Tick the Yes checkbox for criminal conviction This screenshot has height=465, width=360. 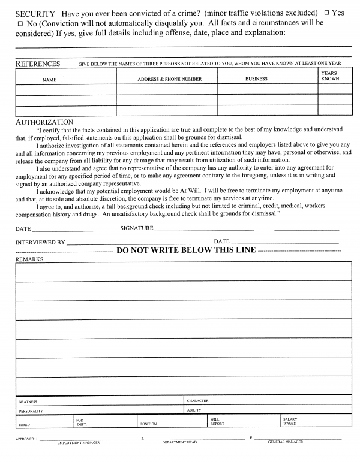pyautogui.click(x=326, y=13)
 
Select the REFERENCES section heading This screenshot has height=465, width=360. pyautogui.click(x=37, y=64)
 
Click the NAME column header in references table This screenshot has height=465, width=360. pyautogui.click(x=49, y=79)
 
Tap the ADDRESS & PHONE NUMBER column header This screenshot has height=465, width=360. pyautogui.click(x=170, y=79)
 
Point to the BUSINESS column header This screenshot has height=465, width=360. pyautogui.click(x=256, y=79)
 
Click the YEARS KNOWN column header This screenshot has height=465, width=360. pyautogui.click(x=330, y=76)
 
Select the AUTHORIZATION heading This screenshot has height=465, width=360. pyautogui.click(x=44, y=122)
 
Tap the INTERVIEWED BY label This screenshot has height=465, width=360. pyautogui.click(x=40, y=242)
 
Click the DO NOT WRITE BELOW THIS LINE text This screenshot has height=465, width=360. pyautogui.click(x=186, y=250)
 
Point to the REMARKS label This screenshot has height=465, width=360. pyautogui.click(x=29, y=259)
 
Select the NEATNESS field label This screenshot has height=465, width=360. pyautogui.click(x=28, y=401)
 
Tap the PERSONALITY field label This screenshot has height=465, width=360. pyautogui.click(x=31, y=411)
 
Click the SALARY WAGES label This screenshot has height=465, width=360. pyautogui.click(x=290, y=421)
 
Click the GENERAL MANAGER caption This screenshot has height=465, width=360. pyautogui.click(x=285, y=442)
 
